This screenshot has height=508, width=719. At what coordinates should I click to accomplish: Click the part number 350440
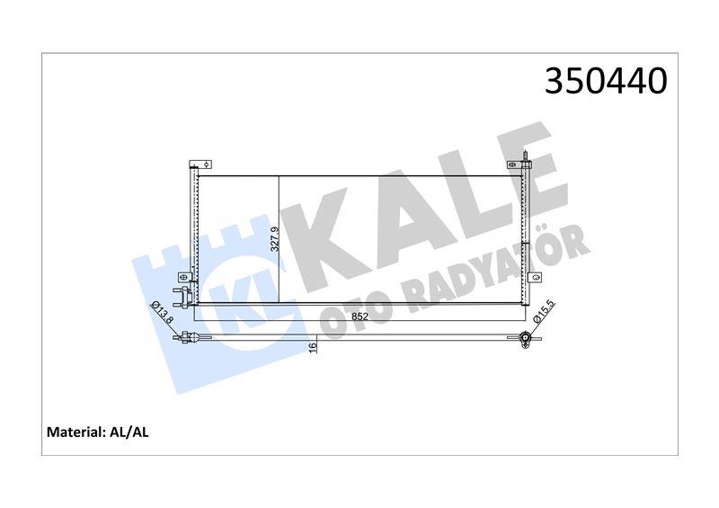[606, 82]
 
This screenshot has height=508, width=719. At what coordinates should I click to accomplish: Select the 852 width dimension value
[359, 316]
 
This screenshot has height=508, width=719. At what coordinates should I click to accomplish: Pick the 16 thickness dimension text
[313, 347]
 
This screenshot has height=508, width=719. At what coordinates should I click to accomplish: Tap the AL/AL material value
[131, 432]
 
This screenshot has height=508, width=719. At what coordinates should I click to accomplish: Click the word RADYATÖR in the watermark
[503, 270]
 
